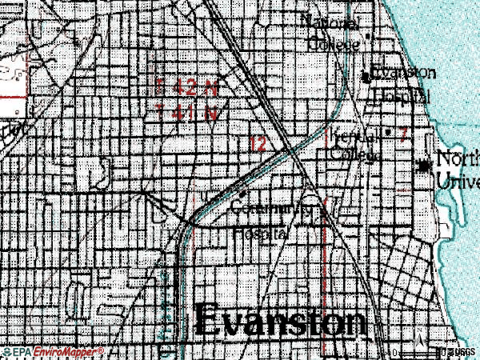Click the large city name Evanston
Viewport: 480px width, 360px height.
280,323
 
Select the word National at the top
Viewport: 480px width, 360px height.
331,22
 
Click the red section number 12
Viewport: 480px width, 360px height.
258,144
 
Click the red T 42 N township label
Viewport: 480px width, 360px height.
187,86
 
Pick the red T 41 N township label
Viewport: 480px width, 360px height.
188,113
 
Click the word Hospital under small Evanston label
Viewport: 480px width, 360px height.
400,96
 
